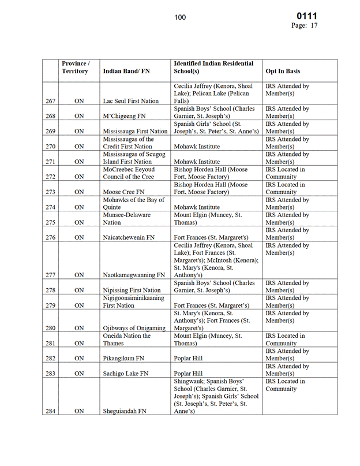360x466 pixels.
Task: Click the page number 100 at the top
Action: click(x=180, y=17)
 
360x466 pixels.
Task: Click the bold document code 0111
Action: click(x=306, y=16)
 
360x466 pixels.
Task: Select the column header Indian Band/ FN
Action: click(x=126, y=72)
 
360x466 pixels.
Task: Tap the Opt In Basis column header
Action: click(x=283, y=72)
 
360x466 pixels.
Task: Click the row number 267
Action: click(x=50, y=101)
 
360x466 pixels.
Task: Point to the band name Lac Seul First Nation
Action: click(x=130, y=101)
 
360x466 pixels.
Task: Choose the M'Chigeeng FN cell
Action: click(x=122, y=116)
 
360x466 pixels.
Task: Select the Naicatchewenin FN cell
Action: click(x=128, y=237)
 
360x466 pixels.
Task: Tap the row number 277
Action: click(x=50, y=275)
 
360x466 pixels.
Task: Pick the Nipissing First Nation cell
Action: click(x=132, y=290)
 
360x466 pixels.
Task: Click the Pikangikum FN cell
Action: click(x=123, y=359)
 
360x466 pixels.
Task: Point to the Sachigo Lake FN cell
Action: click(x=125, y=374)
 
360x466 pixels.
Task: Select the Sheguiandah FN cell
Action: click(x=125, y=411)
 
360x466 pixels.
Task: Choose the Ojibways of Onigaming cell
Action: click(x=134, y=329)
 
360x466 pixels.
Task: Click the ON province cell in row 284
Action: click(x=80, y=411)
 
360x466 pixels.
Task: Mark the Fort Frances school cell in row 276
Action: click(x=211, y=237)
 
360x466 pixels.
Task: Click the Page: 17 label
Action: click(x=304, y=25)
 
